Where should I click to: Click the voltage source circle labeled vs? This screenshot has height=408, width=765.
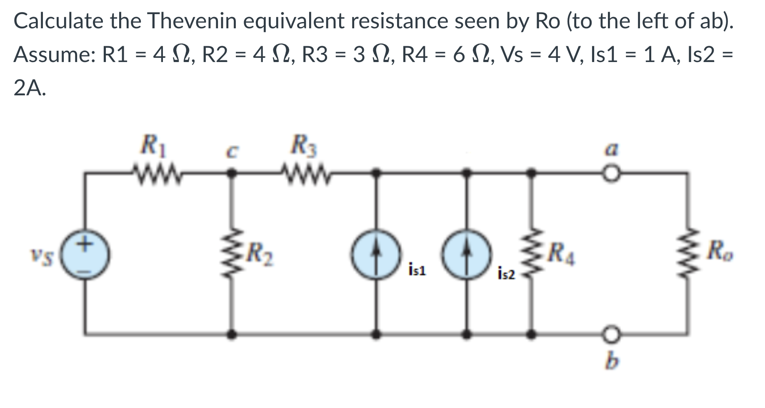tap(86, 256)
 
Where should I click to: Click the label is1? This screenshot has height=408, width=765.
tap(417, 271)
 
